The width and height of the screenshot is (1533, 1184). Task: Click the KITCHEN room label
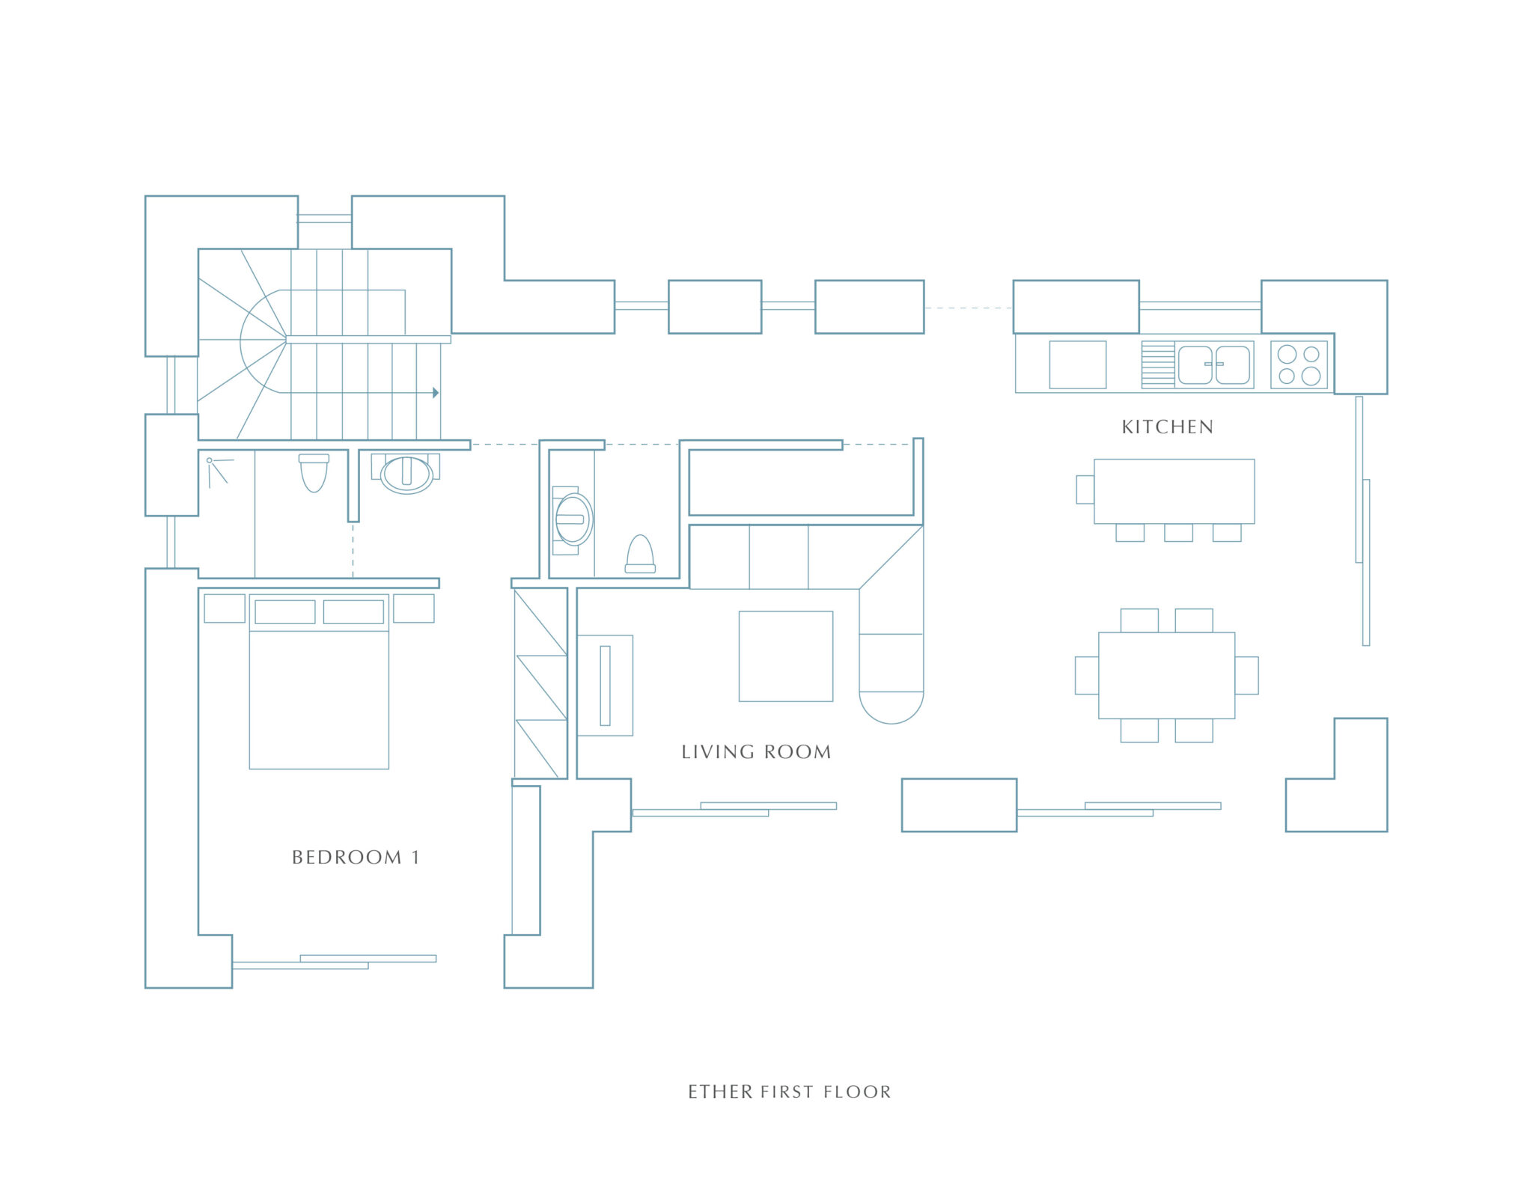coord(1167,427)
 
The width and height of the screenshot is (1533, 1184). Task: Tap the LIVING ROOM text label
coord(756,751)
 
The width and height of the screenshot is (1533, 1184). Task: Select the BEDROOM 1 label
coord(356,857)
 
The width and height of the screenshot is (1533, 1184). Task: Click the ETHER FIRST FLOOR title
coord(790,1092)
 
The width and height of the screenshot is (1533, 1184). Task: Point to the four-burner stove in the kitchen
coord(1299,364)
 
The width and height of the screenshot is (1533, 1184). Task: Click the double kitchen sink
coord(1213,364)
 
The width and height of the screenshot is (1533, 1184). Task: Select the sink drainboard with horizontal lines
coord(1158,364)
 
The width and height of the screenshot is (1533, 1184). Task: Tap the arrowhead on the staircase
coord(436,393)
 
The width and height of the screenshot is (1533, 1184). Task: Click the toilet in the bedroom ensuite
coord(314,473)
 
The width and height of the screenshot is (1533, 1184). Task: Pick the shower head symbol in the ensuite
coord(217,472)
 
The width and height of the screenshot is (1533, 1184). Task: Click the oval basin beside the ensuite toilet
coord(406,474)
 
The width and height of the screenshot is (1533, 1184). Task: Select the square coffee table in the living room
coord(786,656)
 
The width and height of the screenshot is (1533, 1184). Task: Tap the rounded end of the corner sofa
coord(891,707)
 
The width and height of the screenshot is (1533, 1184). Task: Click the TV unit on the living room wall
coord(605,686)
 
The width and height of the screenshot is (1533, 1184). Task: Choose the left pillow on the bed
coord(285,612)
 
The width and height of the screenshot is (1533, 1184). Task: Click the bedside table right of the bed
coord(414,608)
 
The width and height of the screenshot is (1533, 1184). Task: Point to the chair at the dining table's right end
coord(1247,675)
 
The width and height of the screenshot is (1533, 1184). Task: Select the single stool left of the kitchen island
coord(1085,489)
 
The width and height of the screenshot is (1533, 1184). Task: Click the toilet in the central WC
coord(640,555)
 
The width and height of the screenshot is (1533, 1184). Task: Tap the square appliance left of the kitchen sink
coord(1078,364)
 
